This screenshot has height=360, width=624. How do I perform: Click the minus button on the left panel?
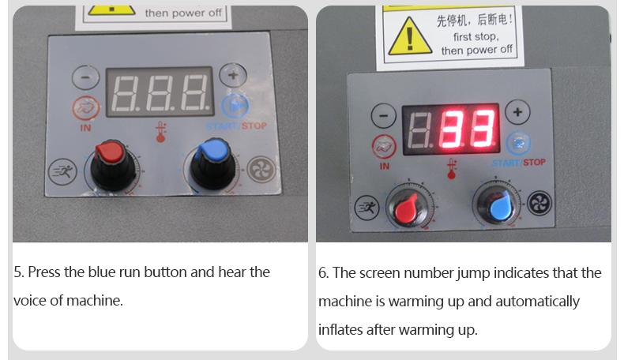pos(85,77)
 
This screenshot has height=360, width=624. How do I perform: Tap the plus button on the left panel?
pos(233,75)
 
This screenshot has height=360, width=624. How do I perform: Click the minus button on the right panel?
pos(384,116)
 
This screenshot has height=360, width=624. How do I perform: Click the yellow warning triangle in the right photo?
pos(409,36)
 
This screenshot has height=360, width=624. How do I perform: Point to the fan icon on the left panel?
pos(261,170)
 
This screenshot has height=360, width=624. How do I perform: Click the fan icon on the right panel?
pos(539,202)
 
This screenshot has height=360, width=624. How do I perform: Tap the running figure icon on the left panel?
pos(62,171)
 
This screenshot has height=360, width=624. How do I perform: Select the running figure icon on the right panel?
pos(367,208)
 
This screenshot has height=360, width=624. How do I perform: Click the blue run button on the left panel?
pos(235,107)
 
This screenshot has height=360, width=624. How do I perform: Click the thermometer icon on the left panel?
pos(161,132)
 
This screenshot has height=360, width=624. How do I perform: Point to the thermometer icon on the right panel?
pos(451,169)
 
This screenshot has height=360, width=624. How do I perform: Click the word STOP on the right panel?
pos(534,163)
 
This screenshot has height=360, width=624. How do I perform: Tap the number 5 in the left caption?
pos(17,272)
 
